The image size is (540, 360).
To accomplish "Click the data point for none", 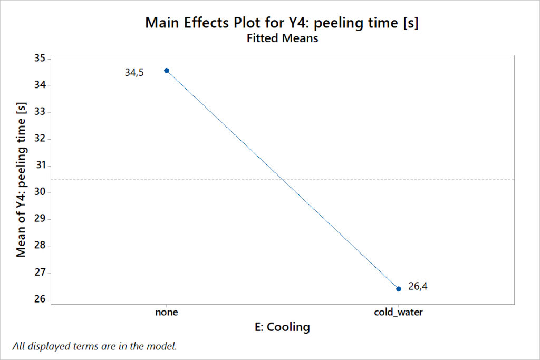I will (167, 70).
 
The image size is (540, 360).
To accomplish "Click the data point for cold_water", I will (399, 288).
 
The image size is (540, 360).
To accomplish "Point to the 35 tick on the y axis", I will (40, 59).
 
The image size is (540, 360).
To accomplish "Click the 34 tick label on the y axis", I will (40, 85).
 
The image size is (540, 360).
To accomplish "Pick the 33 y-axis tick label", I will (40, 112).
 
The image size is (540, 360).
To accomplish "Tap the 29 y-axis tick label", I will (40, 219).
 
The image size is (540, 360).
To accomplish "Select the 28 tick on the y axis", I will (40, 246).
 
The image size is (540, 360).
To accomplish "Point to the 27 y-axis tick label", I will (40, 273).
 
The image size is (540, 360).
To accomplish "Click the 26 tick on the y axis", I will (40, 300).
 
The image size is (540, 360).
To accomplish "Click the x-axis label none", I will (167, 312).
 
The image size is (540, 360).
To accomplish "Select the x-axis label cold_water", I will (399, 312).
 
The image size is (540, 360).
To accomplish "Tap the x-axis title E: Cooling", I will (282, 327).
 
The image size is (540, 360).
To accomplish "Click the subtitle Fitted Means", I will (282, 38).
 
